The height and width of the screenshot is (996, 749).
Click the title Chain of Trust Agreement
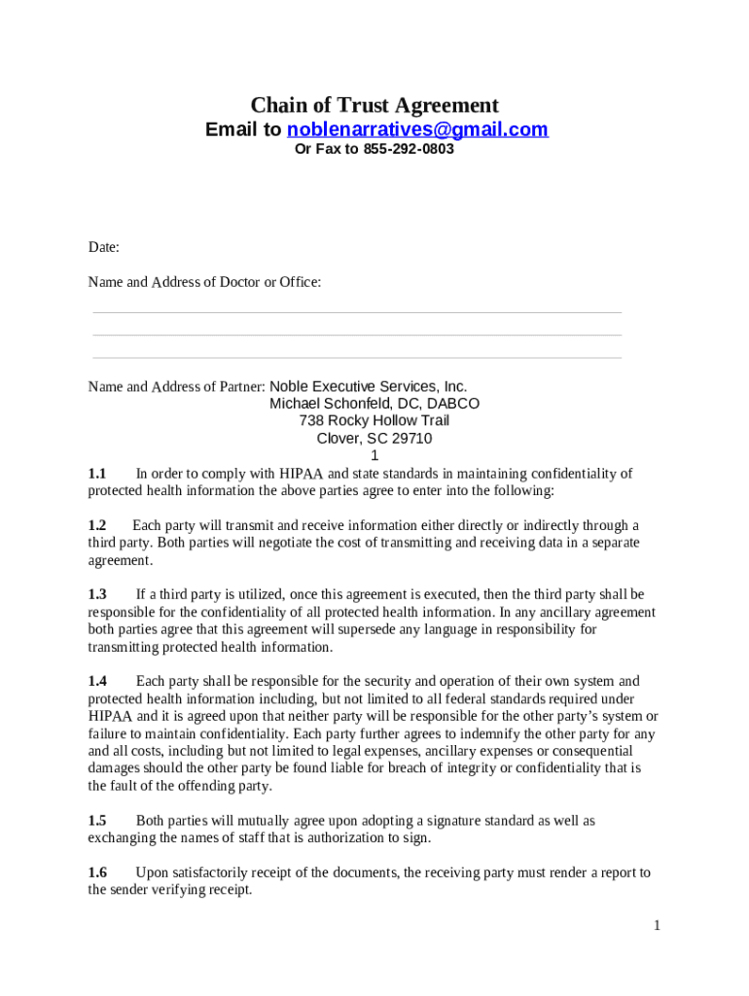point(374,105)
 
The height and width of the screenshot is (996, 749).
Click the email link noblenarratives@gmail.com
point(417,129)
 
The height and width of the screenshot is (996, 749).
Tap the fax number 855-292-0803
point(409,150)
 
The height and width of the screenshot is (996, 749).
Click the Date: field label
point(104,247)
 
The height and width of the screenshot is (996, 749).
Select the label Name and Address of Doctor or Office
point(204,282)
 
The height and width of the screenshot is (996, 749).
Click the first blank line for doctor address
point(357,312)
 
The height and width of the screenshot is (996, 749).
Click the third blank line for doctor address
point(357,358)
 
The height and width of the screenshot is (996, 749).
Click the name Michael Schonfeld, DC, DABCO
point(374,404)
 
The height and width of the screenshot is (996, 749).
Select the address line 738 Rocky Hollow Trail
point(374,421)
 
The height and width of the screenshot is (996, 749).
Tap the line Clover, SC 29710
point(374,439)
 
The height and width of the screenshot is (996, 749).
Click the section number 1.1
point(97,474)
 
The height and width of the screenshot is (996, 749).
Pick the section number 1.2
point(97,525)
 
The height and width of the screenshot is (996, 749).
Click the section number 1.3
point(97,594)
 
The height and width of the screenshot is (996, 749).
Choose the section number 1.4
point(97,681)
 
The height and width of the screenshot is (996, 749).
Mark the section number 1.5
point(97,820)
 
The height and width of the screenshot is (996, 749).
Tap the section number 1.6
point(97,872)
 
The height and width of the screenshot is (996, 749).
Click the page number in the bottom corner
point(658,925)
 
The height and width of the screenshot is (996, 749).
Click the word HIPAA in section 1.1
point(302,474)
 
